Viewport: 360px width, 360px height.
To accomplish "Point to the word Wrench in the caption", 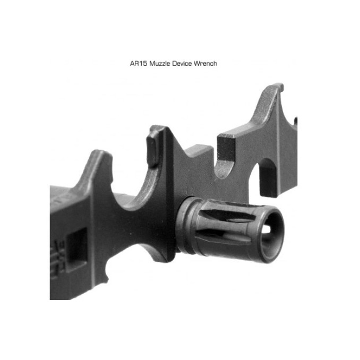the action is pyautogui.click(x=205, y=63).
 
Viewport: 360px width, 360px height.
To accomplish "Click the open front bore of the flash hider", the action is pyautogui.click(x=272, y=234).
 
